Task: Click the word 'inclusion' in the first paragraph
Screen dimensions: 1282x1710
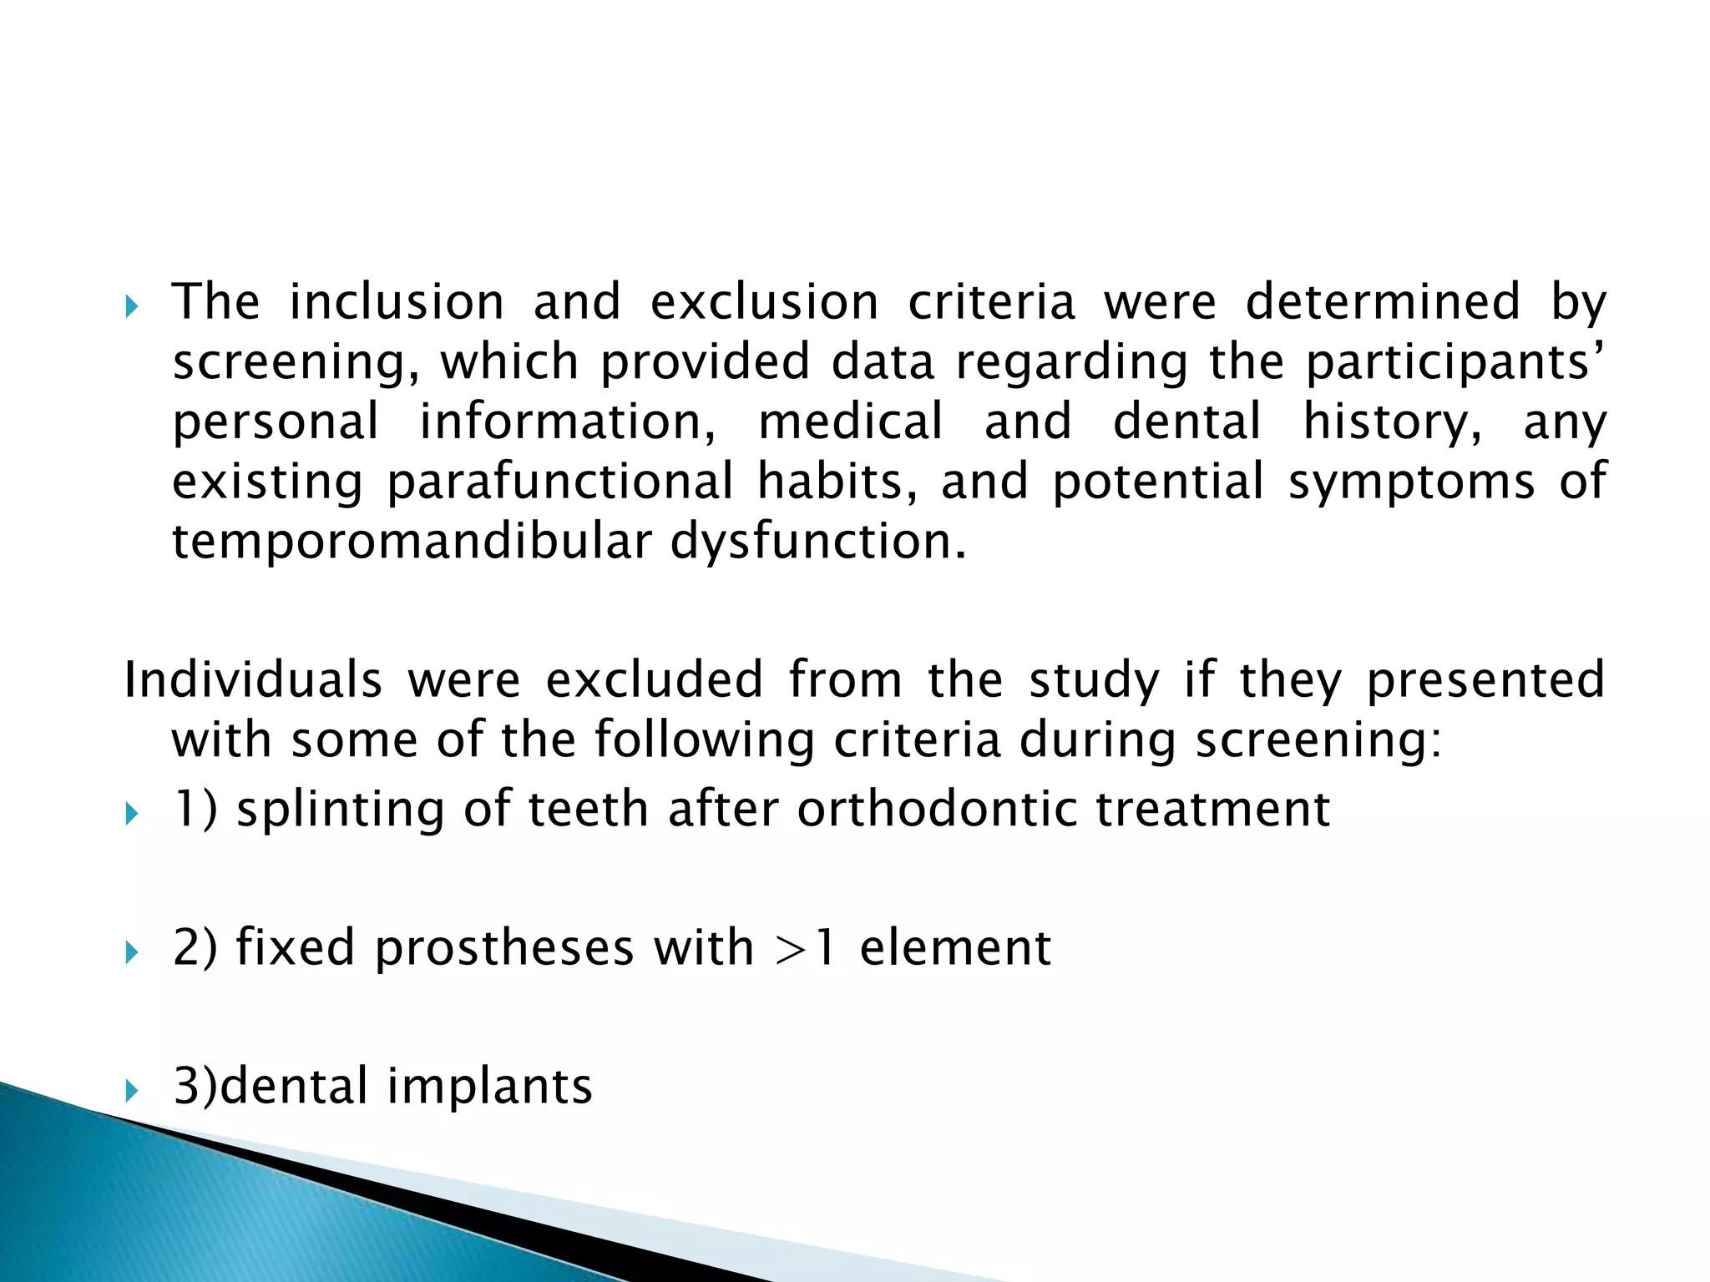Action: click(x=397, y=302)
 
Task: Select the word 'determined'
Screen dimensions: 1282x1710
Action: click(x=1383, y=302)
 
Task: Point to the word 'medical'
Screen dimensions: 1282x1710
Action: click(x=850, y=421)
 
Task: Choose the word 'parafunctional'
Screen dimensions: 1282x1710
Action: click(x=560, y=482)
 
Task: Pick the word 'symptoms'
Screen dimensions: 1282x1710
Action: click(x=1411, y=483)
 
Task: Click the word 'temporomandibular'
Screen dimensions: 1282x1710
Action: click(x=411, y=543)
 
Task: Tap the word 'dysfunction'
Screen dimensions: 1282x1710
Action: click(x=817, y=543)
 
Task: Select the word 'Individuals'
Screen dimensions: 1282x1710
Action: click(x=253, y=679)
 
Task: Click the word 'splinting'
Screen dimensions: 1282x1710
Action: click(x=340, y=810)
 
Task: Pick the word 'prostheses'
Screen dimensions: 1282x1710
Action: click(x=504, y=948)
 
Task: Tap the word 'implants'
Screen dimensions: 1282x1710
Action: click(x=489, y=1087)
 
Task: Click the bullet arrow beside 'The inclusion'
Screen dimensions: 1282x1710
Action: click(x=132, y=308)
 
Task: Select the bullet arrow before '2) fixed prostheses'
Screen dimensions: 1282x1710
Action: click(x=132, y=952)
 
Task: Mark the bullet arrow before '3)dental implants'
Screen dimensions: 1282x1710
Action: click(x=132, y=1090)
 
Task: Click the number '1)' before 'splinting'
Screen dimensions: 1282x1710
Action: click(x=195, y=810)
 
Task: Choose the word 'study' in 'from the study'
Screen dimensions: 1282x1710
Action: click(x=1095, y=681)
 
